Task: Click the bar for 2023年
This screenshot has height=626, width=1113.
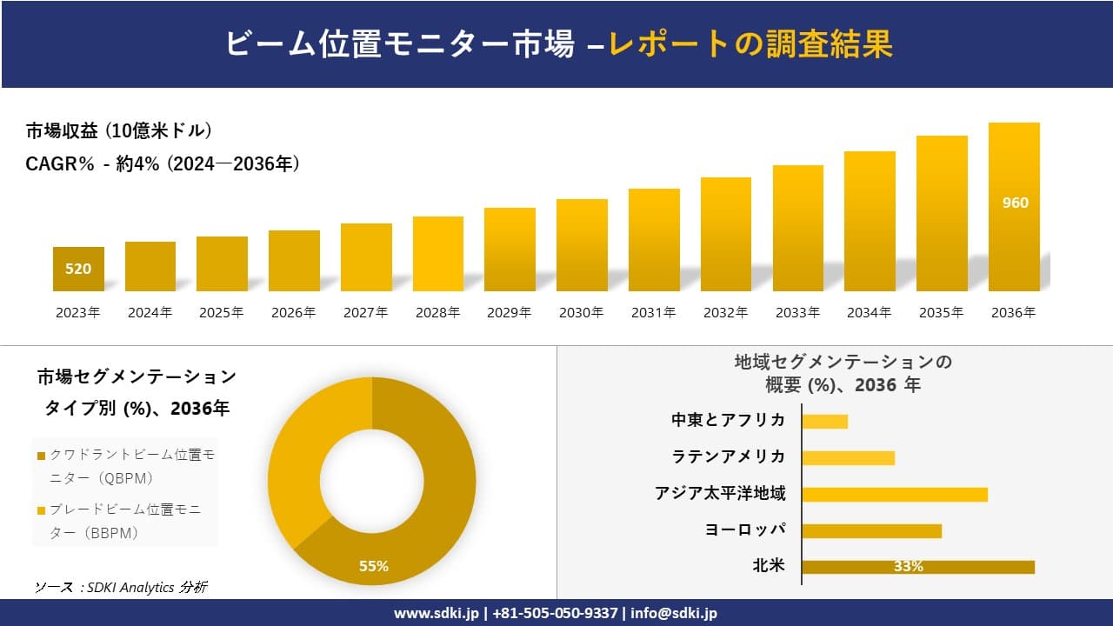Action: (x=78, y=270)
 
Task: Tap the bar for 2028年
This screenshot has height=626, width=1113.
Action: (x=437, y=254)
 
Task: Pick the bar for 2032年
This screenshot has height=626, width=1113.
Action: (x=725, y=235)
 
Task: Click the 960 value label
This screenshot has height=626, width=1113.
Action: (x=1014, y=203)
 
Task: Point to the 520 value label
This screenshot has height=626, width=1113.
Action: (x=78, y=269)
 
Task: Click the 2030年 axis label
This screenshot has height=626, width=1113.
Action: (x=581, y=313)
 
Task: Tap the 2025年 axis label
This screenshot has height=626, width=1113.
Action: (x=222, y=313)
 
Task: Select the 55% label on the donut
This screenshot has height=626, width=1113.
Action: (x=374, y=566)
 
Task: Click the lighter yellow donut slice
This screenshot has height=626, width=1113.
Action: (x=300, y=461)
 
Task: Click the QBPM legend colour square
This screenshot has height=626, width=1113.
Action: (x=41, y=456)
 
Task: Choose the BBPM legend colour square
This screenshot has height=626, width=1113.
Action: (x=41, y=510)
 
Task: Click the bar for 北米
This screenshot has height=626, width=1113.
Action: (x=917, y=567)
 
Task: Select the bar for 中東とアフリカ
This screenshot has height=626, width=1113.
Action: (x=824, y=422)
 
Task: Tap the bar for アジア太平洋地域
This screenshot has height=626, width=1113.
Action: (x=894, y=495)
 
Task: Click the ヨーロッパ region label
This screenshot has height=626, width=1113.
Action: (x=745, y=529)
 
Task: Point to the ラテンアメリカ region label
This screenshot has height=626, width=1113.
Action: (x=728, y=456)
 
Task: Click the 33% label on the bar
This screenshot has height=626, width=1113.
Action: (x=908, y=567)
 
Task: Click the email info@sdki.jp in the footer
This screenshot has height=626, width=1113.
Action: (x=674, y=613)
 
